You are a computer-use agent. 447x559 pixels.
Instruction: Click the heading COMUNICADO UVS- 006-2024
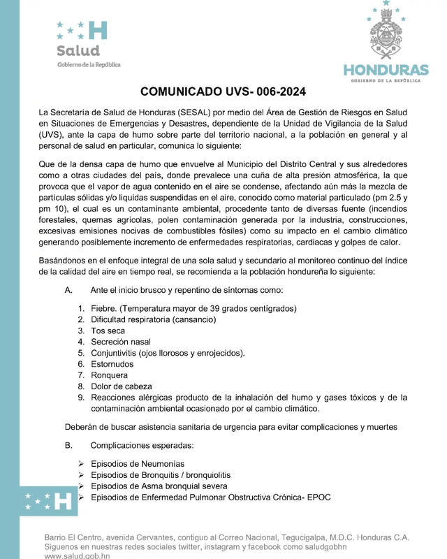click(223, 92)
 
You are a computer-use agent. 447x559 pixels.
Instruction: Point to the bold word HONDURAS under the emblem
click(386, 71)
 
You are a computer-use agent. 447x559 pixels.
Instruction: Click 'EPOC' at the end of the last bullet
click(318, 498)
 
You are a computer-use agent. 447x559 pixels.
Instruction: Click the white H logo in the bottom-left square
click(63, 500)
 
